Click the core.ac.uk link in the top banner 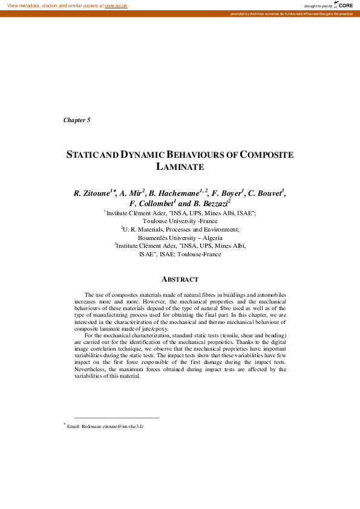(116, 5)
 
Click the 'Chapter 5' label (77, 120)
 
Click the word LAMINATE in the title (180, 166)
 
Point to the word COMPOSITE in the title (267, 155)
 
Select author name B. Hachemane (174, 193)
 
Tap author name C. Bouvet (264, 193)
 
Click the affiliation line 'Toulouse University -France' (180, 221)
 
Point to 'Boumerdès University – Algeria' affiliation (180, 238)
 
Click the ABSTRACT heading (180, 279)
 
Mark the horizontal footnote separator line (116, 418)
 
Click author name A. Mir (131, 193)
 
